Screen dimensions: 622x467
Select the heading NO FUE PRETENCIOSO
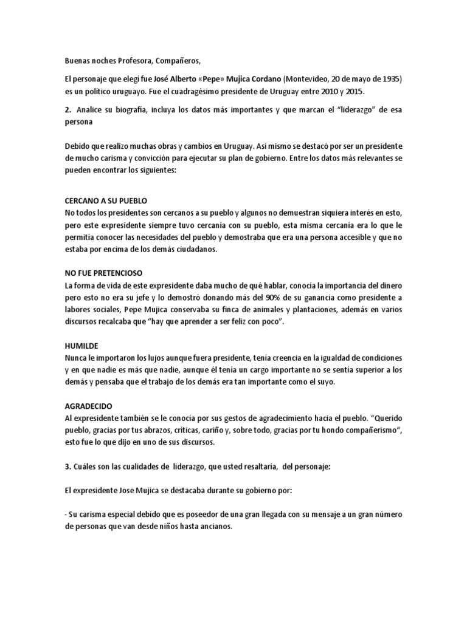(x=103, y=273)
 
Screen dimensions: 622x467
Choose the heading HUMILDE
(x=81, y=345)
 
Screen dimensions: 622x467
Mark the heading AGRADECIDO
(x=89, y=405)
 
